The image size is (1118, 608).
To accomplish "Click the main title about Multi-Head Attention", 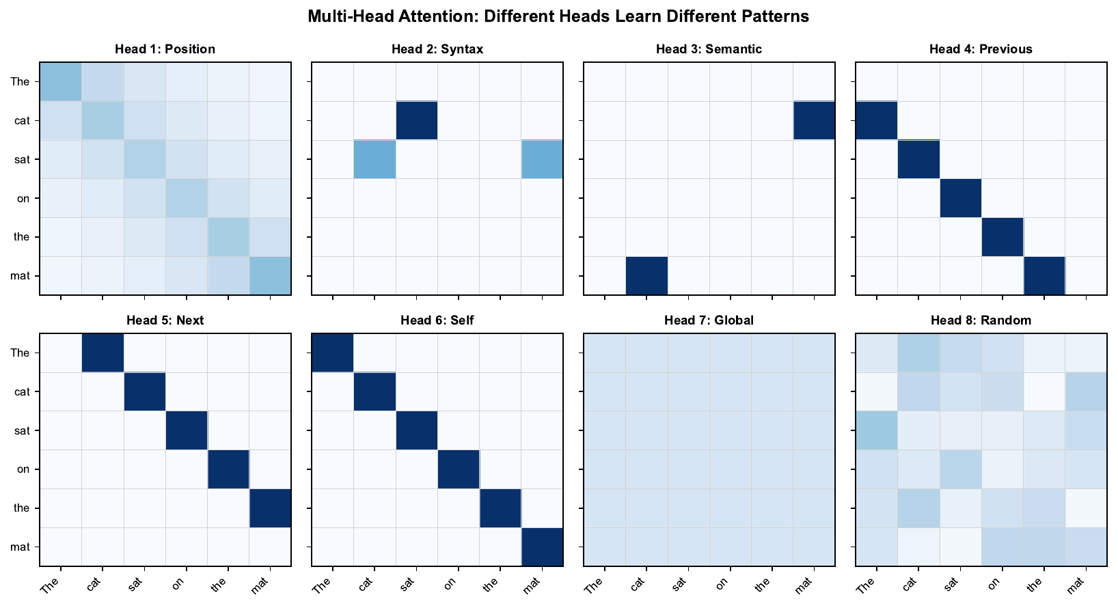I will click(x=558, y=16).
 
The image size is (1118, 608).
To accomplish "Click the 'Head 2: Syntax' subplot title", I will click(x=437, y=49).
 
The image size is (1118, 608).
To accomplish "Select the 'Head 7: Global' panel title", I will click(x=709, y=320).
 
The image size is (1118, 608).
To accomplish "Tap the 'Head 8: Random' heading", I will click(x=981, y=320).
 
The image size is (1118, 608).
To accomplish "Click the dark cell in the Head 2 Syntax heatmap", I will click(x=417, y=121).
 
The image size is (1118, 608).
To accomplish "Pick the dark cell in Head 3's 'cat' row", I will click(x=814, y=121).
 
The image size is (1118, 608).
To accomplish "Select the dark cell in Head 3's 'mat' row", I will click(x=646, y=276).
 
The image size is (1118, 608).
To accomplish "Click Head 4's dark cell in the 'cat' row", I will click(x=877, y=121).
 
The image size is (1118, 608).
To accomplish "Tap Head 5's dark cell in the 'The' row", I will click(x=103, y=353).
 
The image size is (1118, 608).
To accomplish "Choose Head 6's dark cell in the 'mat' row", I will click(x=542, y=547).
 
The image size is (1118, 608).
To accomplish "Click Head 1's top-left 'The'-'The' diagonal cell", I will click(x=61, y=82).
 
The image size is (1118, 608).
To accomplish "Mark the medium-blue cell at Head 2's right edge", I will click(x=542, y=159).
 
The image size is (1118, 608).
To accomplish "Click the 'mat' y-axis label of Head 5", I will click(x=20, y=547).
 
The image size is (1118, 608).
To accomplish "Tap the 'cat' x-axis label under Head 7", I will click(x=638, y=585).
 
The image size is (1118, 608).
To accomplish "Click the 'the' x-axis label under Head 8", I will click(x=1035, y=584).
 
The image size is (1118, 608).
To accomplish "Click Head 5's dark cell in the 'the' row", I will click(x=270, y=508).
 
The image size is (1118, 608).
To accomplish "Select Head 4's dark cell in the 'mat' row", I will click(x=1044, y=276).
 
